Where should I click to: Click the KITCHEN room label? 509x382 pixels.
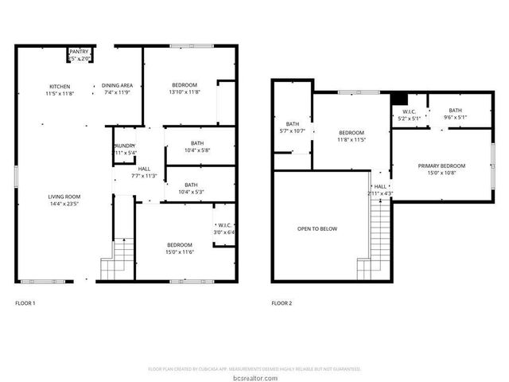[60, 86]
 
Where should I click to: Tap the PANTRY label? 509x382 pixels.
[80, 52]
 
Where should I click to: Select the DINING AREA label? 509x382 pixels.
[117, 86]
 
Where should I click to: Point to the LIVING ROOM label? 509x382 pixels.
[65, 197]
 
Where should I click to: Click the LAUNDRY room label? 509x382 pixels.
[125, 146]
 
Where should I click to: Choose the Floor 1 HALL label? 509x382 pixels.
[144, 169]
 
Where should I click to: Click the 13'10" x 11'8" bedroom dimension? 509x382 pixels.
[185, 92]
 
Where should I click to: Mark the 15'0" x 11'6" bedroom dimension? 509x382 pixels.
[179, 252]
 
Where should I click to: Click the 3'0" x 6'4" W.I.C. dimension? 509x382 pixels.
[224, 232]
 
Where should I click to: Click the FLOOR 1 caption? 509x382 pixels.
[25, 303]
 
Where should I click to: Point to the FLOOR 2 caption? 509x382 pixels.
[282, 303]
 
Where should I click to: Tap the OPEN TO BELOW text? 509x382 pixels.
[317, 229]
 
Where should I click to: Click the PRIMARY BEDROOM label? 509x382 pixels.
[441, 166]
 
